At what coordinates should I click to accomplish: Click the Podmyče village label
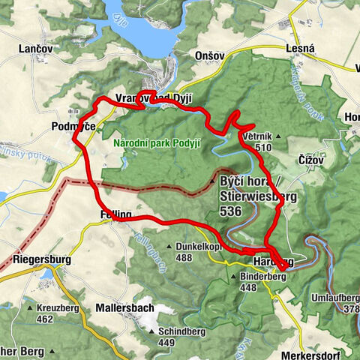coord(73,127)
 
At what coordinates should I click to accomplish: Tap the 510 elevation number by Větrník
coord(262,148)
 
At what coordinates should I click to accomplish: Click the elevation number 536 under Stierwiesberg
coord(230,212)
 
